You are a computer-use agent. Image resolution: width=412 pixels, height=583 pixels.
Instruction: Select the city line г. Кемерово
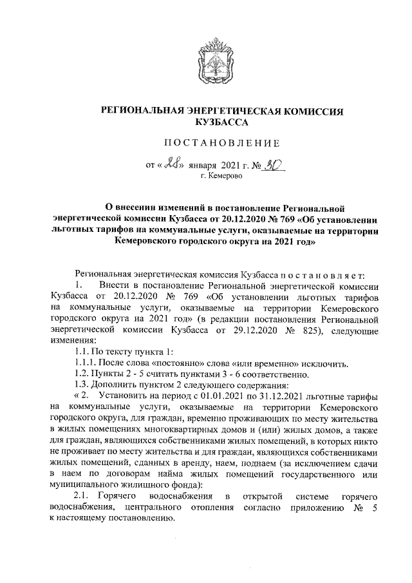point(223,176)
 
